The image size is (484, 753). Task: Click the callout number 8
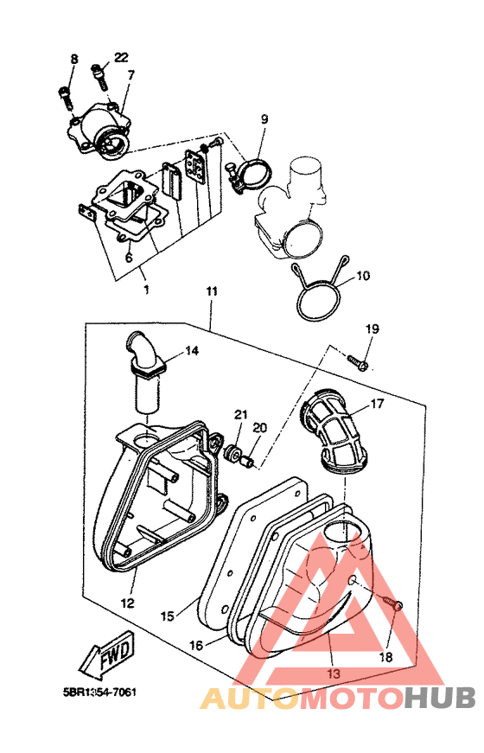coord(74,60)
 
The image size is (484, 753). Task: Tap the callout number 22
coord(121,58)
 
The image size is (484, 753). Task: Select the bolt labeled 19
coord(358,361)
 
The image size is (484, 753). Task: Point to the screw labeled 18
coord(392,603)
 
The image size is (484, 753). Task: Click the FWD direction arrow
coord(107,655)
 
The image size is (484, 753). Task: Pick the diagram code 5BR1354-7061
coord(100,692)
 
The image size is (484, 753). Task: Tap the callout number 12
coord(127,603)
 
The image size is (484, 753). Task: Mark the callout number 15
coord(167,616)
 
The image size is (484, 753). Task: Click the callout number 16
coord(196,645)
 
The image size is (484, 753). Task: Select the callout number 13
coord(334,673)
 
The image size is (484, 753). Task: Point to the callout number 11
coord(212,291)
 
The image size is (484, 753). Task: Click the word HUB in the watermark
coord(439,699)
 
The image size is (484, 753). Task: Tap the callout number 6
coord(129,258)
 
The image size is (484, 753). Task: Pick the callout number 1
coord(146,290)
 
